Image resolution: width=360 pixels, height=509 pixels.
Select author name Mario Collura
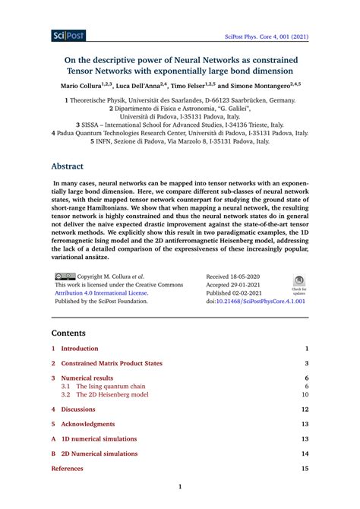(x=87, y=87)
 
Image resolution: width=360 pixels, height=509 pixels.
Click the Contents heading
(x=69, y=333)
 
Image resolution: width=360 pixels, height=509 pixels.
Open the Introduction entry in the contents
(x=80, y=348)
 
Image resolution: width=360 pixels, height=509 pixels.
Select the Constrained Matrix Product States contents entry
(x=112, y=363)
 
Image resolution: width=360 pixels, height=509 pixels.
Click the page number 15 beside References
(x=305, y=469)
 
